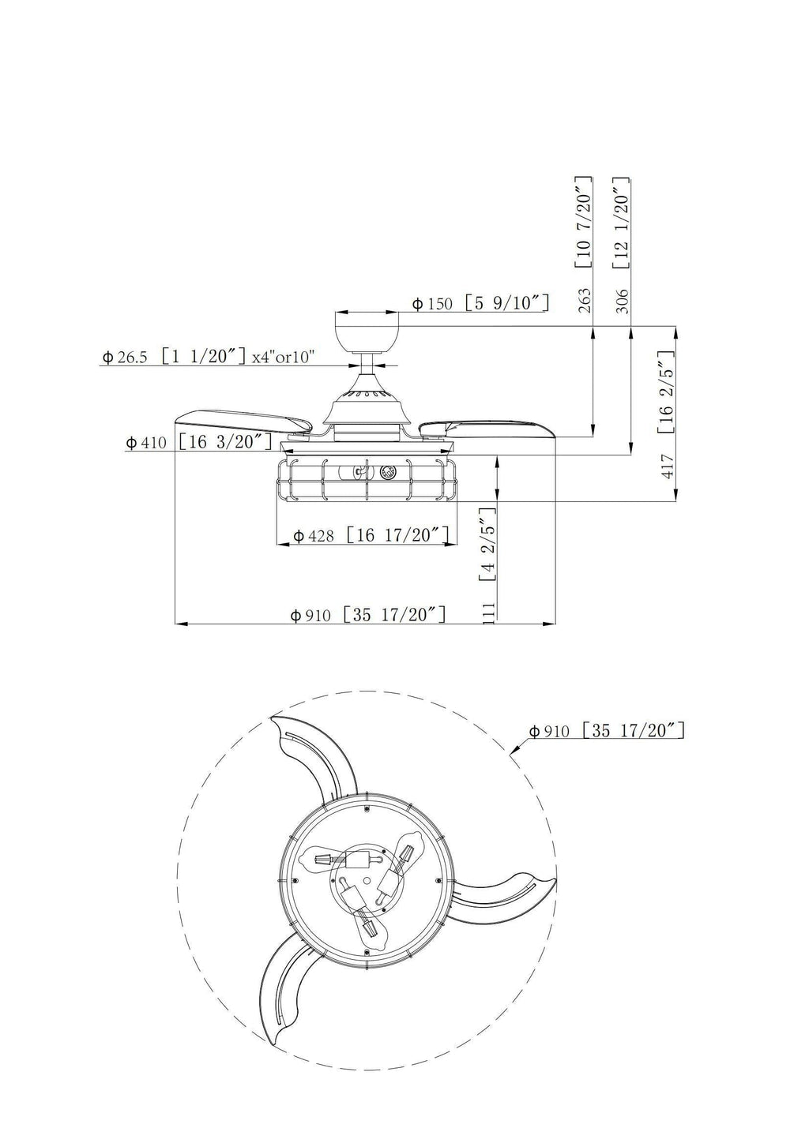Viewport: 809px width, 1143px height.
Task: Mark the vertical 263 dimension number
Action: point(585,300)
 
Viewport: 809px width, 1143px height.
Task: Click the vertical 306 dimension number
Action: point(623,300)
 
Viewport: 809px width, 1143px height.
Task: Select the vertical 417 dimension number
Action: point(668,467)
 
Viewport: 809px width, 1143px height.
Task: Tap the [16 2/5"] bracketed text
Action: point(665,392)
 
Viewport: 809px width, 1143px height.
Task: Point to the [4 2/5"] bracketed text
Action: point(487,545)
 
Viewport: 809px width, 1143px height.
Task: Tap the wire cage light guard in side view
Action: point(367,479)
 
